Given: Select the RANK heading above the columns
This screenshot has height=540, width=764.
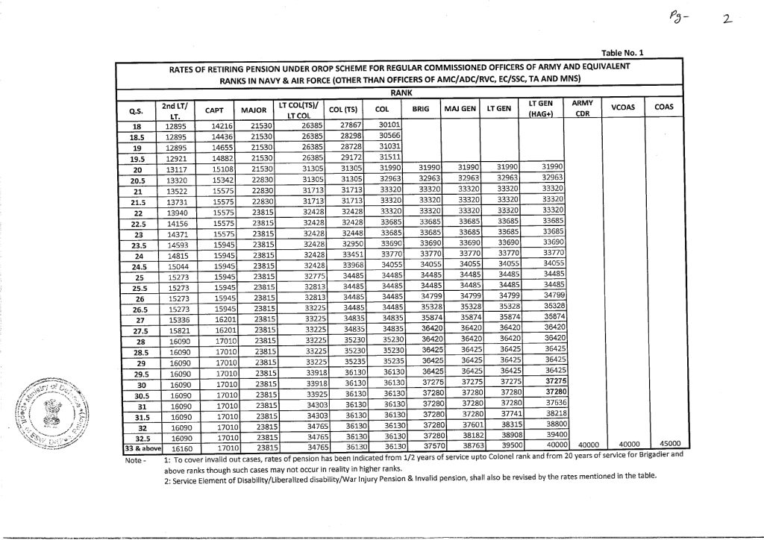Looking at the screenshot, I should [401, 92].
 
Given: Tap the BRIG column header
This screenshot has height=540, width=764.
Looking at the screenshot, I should [420, 109].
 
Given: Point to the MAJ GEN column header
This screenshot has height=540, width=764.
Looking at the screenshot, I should [460, 109].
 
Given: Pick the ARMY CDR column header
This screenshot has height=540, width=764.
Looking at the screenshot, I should [582, 108].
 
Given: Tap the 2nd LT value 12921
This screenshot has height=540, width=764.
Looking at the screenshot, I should [175, 159].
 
